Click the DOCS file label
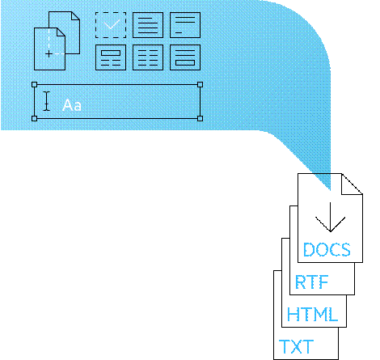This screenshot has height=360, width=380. tap(327, 249)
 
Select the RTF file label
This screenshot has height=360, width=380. tap(311, 282)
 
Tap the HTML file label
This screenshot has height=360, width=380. tap(312, 314)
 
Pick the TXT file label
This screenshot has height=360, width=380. tap(296, 346)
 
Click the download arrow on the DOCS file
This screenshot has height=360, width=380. tap(330, 217)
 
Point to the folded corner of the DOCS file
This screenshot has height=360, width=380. tap(352, 184)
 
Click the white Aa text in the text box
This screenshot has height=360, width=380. tap(72, 105)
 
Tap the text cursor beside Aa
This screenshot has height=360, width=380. tap(47, 101)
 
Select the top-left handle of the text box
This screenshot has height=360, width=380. tap(34, 85)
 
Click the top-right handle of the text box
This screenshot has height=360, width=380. tap(200, 85)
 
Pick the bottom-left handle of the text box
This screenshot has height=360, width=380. tap(34, 118)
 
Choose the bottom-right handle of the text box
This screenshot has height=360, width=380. tap(200, 118)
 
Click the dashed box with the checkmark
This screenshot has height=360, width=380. tap(111, 25)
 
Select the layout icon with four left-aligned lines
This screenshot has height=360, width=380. tap(148, 25)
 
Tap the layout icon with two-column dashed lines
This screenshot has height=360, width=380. tap(148, 57)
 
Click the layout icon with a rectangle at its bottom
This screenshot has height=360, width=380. tap(185, 57)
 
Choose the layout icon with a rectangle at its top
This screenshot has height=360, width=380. tap(111, 57)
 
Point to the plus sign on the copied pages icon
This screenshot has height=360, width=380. tap(49, 54)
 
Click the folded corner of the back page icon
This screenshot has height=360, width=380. tap(75, 15)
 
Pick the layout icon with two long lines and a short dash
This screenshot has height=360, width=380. tap(185, 25)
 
